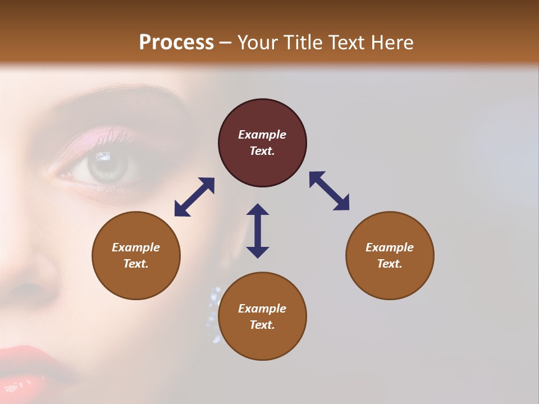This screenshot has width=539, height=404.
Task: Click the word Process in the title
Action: coord(176,43)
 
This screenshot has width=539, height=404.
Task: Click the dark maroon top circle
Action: coord(262,143)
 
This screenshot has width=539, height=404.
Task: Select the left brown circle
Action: coord(136,255)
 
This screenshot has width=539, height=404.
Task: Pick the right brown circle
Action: coord(390,255)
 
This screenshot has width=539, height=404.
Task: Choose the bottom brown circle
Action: coord(262,316)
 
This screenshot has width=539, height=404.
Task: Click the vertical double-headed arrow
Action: coord(258,231)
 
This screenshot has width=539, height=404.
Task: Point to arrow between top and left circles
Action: coord(194,197)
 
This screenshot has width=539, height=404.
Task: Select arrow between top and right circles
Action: coord(329,191)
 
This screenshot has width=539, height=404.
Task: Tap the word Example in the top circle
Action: coord(262,135)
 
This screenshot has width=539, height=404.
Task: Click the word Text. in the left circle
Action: coord(136,264)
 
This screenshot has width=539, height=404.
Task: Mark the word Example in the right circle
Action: coord(390,247)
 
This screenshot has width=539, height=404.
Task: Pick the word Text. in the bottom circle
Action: coord(262,325)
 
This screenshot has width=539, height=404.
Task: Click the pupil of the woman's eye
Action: coord(107,166)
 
